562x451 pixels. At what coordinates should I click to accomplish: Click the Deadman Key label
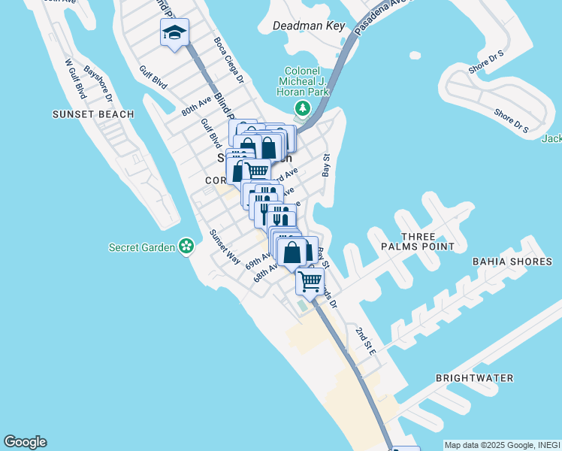coord(309,26)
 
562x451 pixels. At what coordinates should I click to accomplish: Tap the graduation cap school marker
coord(174,32)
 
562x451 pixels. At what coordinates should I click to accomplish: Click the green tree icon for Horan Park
coord(303,109)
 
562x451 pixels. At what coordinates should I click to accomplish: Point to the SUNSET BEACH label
coord(93,114)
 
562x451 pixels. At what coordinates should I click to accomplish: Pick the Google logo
coord(25,442)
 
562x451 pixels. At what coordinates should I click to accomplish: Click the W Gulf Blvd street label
coord(75,79)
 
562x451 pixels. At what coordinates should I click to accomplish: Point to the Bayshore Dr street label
coord(98,83)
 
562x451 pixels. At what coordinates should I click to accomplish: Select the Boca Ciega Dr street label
coord(229,60)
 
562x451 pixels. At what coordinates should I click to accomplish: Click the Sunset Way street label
coord(225,247)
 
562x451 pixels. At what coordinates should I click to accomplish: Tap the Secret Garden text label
coord(141,247)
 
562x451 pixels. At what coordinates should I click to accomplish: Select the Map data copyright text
coord(502,445)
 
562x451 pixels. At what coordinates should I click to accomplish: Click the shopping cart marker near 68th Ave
coord(310,282)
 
